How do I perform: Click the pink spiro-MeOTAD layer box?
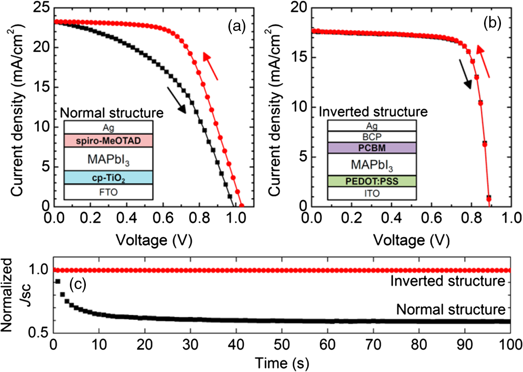[108, 140]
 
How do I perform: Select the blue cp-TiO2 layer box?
[108, 177]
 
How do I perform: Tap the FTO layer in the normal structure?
[108, 191]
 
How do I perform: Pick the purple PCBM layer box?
[372, 148]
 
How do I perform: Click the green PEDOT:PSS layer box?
[372, 181]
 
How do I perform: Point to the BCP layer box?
[372, 136]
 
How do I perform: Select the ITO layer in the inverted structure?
[372, 193]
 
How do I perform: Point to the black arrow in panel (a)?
[178, 100]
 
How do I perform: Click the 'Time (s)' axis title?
[281, 362]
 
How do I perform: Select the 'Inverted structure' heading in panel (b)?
[373, 112]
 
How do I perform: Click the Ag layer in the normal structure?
[108, 127]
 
